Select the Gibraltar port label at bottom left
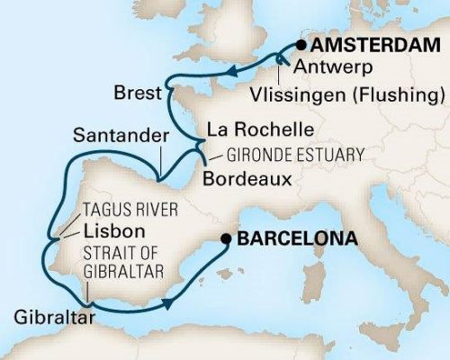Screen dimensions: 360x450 point(49,316)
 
